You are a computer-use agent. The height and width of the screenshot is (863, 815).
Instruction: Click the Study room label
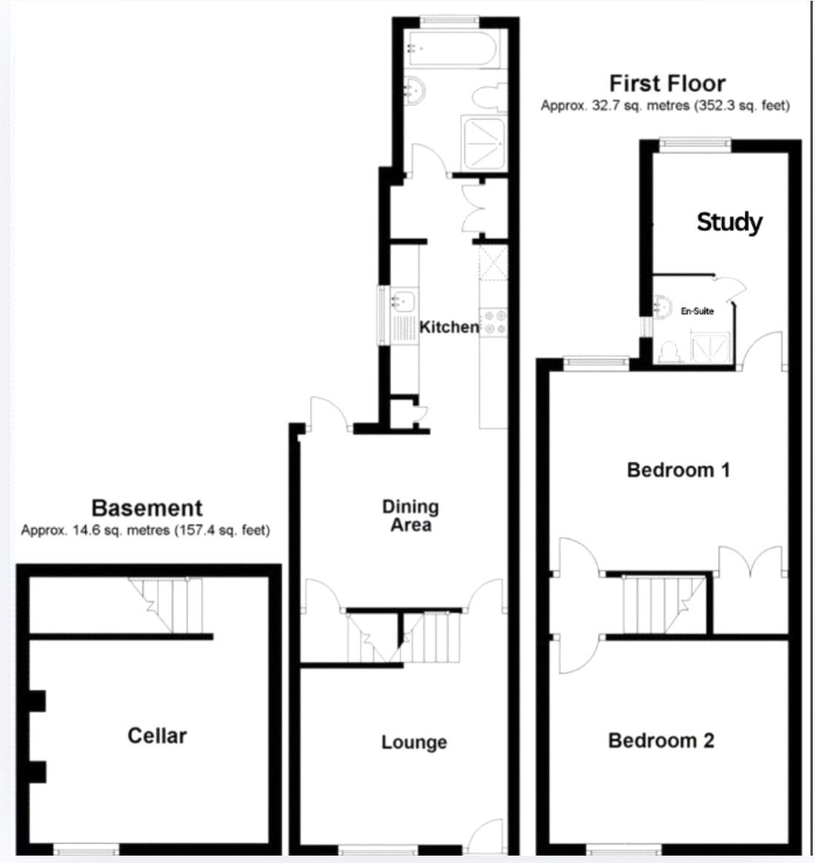pyautogui.click(x=729, y=221)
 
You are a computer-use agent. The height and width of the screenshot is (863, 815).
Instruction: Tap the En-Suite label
pyautogui.click(x=697, y=311)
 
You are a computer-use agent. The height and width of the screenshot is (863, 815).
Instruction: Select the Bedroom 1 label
pyautogui.click(x=678, y=470)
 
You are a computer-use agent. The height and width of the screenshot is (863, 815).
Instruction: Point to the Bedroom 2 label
pyautogui.click(x=661, y=741)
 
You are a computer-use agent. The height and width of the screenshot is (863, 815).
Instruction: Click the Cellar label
pyautogui.click(x=157, y=736)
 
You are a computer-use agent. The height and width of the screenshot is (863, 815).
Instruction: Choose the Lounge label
pyautogui.click(x=414, y=742)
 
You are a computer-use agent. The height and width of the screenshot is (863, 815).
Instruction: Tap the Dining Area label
pyautogui.click(x=410, y=516)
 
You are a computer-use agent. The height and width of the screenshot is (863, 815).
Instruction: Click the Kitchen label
pyautogui.click(x=449, y=327)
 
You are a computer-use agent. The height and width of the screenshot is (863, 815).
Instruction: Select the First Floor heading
pyautogui.click(x=667, y=83)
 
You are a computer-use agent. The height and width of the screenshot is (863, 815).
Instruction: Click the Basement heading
pyautogui.click(x=147, y=508)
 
